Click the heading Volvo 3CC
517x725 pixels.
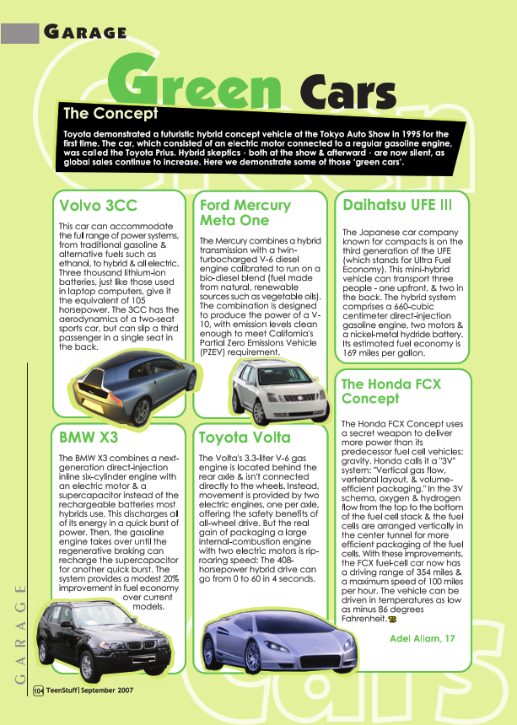pyautogui.click(x=98, y=205)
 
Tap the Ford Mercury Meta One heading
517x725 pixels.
pyautogui.click(x=245, y=212)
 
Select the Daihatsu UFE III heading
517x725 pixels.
pyautogui.click(x=397, y=204)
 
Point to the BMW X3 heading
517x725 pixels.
pyautogui.click(x=89, y=438)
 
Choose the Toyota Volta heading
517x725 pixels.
pyautogui.click(x=245, y=438)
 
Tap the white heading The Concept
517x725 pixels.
pyautogui.click(x=110, y=113)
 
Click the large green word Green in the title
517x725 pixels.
pyautogui.click(x=202, y=81)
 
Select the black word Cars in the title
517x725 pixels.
pyautogui.click(x=347, y=91)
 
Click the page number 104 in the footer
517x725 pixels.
pyautogui.click(x=38, y=690)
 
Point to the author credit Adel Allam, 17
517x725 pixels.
pyautogui.click(x=422, y=638)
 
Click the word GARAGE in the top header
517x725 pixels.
pyautogui.click(x=84, y=33)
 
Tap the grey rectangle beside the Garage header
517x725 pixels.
pyautogui.click(x=20, y=33)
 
